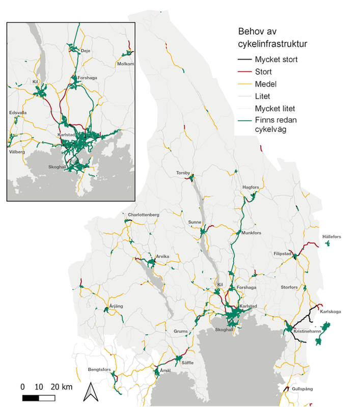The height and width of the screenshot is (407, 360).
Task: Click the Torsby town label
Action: click(x=183, y=173)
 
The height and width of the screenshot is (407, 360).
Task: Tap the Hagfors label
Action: click(x=251, y=187)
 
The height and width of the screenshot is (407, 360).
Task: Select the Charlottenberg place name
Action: click(x=144, y=215)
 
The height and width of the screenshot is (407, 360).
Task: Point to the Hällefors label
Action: click(x=331, y=237)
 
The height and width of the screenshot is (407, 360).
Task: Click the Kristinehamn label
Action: click(x=308, y=332)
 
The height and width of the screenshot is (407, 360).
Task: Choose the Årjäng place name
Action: click(x=117, y=306)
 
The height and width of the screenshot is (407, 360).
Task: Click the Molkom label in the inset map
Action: click(x=125, y=64)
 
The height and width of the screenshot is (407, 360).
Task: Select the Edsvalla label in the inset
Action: click(x=18, y=112)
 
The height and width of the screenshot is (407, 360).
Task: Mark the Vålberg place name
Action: click(x=17, y=152)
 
